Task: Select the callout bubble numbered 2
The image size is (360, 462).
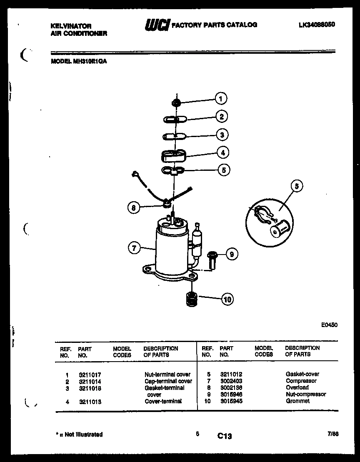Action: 221,117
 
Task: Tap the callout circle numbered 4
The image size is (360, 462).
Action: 223,152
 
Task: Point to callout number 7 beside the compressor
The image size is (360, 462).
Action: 133,248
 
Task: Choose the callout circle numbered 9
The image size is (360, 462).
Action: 232,254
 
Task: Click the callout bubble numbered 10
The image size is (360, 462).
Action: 227,299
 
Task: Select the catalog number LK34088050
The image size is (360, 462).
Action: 317,25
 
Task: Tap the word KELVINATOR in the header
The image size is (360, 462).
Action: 71,26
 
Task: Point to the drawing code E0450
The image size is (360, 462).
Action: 329,325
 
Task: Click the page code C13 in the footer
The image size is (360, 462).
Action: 224,436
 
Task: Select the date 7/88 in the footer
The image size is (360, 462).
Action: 333,434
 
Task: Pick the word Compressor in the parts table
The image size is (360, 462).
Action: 301,381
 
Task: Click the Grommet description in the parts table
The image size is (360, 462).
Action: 297,401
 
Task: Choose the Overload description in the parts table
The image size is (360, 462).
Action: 297,387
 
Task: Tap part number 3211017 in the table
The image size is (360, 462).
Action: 90,375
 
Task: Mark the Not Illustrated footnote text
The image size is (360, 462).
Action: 79,435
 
